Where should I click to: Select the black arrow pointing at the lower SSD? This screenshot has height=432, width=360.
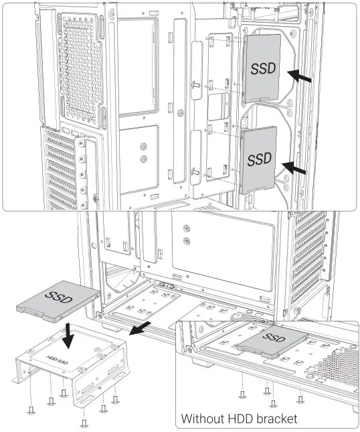[296, 168]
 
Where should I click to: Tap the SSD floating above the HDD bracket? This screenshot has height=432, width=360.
[58, 299]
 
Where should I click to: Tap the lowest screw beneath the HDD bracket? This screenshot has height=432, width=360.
[84, 422]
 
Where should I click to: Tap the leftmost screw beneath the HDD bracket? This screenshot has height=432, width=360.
[31, 406]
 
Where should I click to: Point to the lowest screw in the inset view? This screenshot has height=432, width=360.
[273, 403]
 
